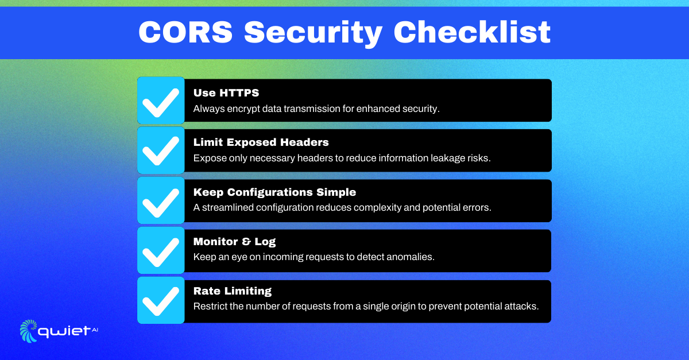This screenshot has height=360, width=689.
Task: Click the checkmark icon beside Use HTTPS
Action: [161, 100]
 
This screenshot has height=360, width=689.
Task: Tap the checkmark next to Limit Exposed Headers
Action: [161, 150]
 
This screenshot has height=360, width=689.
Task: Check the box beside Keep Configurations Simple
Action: [161, 200]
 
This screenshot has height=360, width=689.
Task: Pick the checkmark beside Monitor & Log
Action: [161, 251]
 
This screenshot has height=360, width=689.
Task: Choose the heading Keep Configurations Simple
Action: [274, 193]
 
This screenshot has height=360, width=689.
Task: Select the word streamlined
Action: [226, 208]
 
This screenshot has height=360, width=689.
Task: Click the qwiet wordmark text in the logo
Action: [63, 331]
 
